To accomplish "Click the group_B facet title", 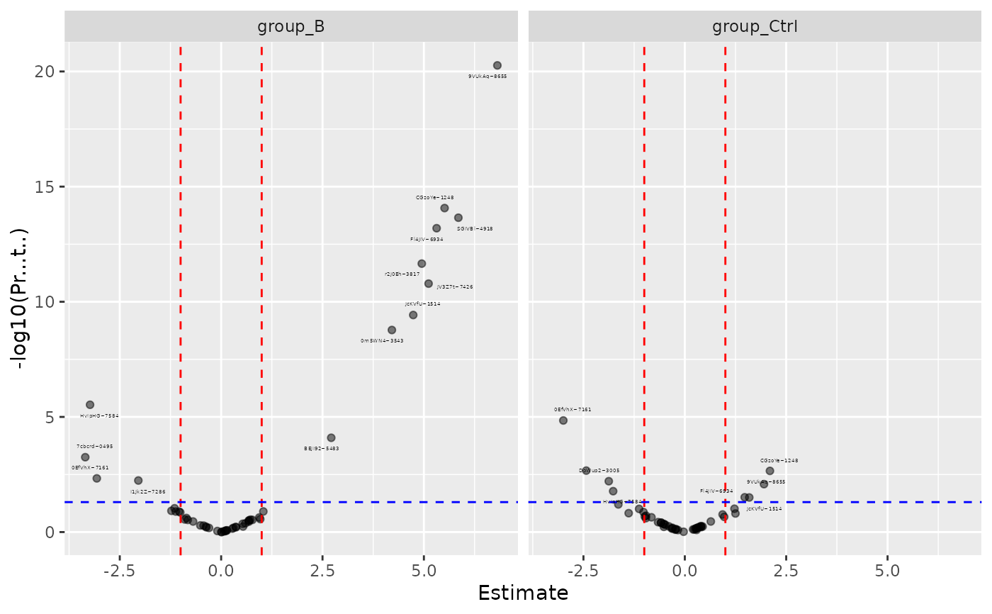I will [291, 27].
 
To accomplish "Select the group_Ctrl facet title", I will [755, 27].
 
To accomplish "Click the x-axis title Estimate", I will [523, 593].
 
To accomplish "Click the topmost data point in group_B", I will [497, 65].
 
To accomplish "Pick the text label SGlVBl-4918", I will [475, 229].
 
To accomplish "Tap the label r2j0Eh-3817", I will [402, 274].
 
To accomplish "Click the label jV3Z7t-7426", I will [455, 287].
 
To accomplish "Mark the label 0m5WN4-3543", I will [382, 341].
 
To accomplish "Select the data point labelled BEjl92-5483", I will [331, 437].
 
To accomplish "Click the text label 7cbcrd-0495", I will [95, 447].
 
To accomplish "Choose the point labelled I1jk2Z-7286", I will [138, 481].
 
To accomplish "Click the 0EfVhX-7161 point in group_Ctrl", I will [563, 420].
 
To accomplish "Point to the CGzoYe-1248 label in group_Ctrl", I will [779, 461].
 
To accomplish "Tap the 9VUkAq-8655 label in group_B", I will [487, 76].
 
